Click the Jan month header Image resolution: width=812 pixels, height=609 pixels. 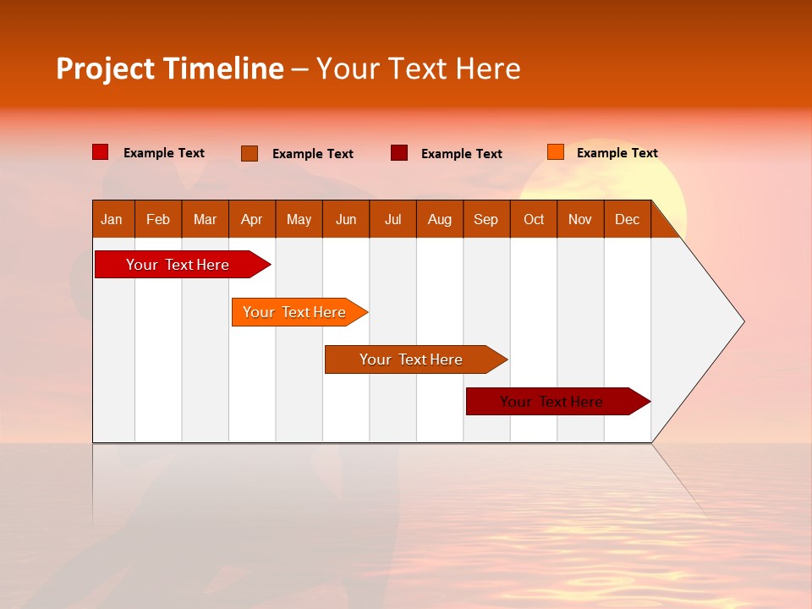[x=112, y=219]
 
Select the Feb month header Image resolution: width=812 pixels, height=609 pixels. [x=158, y=219]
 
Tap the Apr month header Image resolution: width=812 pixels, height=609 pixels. [x=252, y=219]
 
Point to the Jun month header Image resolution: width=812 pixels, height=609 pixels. [x=346, y=219]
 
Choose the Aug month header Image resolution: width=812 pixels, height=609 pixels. [x=440, y=219]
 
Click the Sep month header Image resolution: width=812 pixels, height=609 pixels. [x=486, y=219]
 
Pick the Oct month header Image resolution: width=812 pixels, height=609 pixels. [x=534, y=219]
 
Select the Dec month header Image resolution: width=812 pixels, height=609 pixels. [x=628, y=219]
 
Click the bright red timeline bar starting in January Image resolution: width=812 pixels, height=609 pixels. [x=178, y=265]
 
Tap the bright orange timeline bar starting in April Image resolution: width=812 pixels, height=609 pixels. [x=295, y=312]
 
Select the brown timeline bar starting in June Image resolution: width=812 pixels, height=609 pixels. [x=412, y=359]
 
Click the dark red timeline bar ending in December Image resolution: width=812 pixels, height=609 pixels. [x=552, y=402]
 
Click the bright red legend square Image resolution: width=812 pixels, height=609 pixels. [x=101, y=152]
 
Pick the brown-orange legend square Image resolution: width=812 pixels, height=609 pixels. [x=250, y=153]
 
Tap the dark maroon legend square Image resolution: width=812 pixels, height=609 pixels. [x=399, y=153]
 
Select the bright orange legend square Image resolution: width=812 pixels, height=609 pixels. [x=556, y=152]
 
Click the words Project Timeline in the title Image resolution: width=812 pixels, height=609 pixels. [x=170, y=69]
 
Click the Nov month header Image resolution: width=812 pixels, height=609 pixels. [x=580, y=219]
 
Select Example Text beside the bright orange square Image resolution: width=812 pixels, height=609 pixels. [x=617, y=153]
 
